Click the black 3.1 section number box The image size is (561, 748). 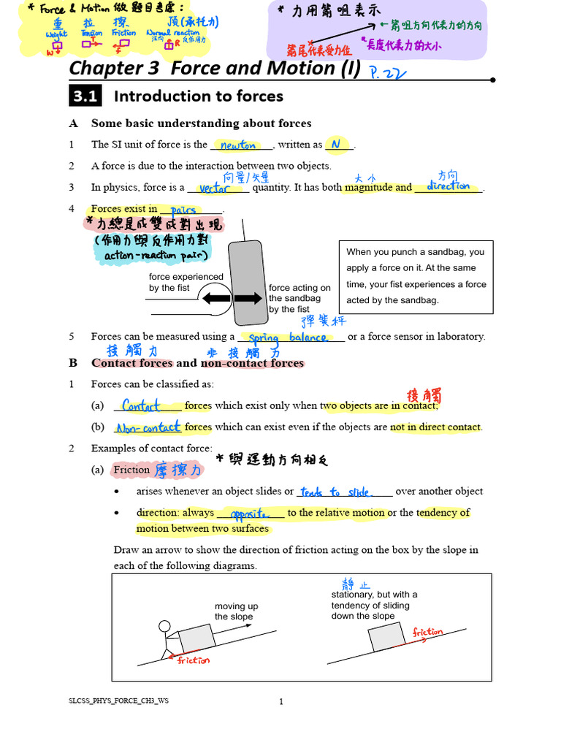(85, 96)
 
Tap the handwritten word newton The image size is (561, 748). (238, 145)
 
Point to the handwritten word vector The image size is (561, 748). (215, 188)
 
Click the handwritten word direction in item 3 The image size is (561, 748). (448, 186)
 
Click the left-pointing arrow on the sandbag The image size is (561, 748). (217, 298)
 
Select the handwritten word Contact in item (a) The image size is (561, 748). (142, 405)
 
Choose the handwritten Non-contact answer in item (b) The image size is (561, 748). (148, 427)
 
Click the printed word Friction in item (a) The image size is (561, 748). (131, 470)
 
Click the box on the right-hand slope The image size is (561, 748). (382, 637)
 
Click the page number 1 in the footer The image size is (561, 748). (280, 702)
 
